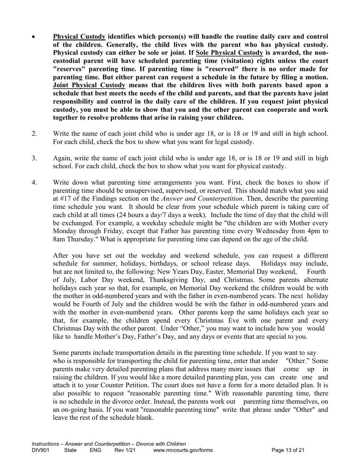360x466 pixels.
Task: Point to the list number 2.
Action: tap(34, 134)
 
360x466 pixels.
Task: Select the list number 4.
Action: tap(34, 183)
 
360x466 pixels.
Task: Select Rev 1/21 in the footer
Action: tap(125, 450)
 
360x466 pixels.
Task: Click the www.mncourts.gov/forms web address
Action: tap(183, 450)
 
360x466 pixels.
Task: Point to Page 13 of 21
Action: tap(288, 450)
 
